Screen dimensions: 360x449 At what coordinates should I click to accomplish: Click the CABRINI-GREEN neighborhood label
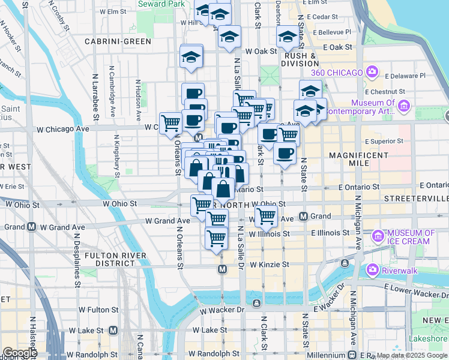(x=118, y=41)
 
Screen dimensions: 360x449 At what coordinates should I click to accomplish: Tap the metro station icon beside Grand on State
(x=304, y=216)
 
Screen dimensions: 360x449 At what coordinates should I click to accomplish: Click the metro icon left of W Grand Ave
(x=30, y=227)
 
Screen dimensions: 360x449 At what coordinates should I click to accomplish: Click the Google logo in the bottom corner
(x=20, y=352)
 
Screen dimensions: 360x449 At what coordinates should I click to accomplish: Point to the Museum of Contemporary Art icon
(x=403, y=107)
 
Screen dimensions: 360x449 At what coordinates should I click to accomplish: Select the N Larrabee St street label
(x=94, y=96)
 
